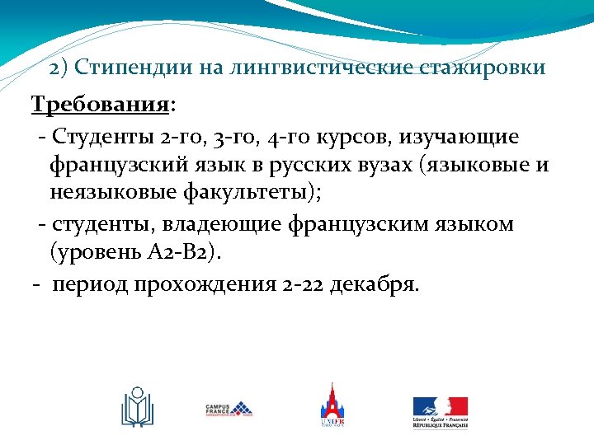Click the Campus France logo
229,409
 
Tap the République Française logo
441,410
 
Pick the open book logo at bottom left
137,407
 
